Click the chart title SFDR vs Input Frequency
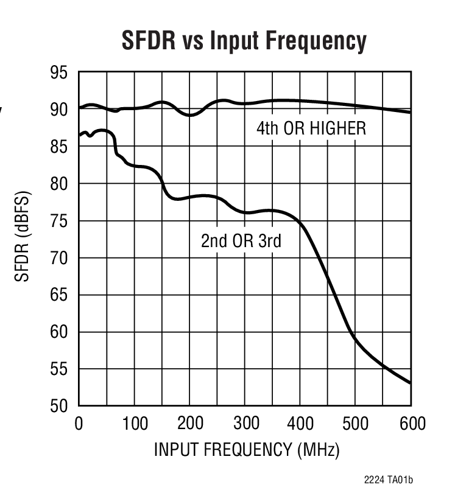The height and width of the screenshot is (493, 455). coord(244,41)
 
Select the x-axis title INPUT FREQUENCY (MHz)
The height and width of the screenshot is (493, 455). coord(245,450)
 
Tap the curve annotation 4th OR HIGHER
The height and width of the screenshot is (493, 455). coord(311,128)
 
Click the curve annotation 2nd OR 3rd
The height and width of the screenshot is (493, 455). coord(241,241)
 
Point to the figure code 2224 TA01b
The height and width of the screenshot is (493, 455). coord(392,480)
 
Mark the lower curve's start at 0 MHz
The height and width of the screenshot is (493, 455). coord(79,135)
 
